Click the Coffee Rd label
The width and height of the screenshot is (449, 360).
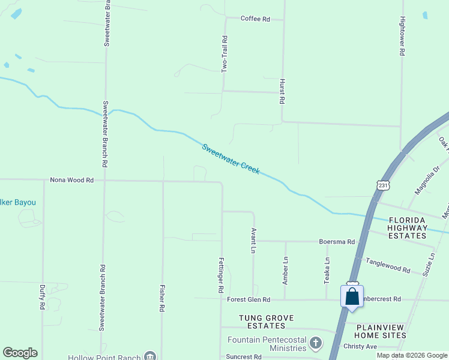tap(255, 19)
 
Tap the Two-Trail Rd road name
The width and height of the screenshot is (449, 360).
tap(224, 55)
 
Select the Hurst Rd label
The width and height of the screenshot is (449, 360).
tap(281, 91)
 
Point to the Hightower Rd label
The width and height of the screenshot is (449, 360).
tap(402, 37)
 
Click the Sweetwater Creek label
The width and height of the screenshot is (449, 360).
tap(231, 158)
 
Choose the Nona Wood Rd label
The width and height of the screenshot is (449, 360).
tap(72, 179)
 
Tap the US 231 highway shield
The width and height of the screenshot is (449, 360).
tap(384, 185)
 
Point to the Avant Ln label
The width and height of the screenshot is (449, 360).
tap(254, 240)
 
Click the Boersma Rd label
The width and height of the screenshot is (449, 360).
tap(337, 242)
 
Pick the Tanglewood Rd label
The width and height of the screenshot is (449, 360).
tap(389, 266)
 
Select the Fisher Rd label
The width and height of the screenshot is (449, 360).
tap(162, 298)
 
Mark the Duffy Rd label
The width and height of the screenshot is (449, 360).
tap(42, 297)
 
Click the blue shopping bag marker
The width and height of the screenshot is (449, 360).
tap(352, 296)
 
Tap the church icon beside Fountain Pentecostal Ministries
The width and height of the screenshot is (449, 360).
tap(316, 343)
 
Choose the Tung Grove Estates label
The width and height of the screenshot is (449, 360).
tap(262, 322)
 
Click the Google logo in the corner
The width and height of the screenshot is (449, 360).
tap(20, 353)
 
